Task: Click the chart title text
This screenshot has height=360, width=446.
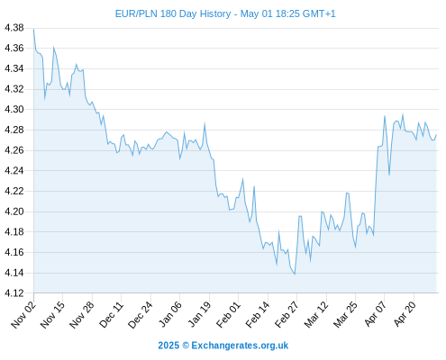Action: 225,13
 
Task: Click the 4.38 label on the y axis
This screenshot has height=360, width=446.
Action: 14,28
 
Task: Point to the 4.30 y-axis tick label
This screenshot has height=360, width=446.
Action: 14,109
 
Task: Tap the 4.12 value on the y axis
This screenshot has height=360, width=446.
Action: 14,293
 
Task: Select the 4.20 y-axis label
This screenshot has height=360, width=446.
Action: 14,211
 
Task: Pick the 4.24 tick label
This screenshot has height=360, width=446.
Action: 14,170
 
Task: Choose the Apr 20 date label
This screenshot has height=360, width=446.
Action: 405,314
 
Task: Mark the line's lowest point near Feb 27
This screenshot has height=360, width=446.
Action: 295,274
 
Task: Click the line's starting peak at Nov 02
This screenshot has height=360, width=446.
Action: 33,29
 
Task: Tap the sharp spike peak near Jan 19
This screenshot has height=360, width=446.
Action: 205,123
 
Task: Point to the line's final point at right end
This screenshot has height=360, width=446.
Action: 436,135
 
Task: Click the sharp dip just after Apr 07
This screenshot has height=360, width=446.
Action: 389,175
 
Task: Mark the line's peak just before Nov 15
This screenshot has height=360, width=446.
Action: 54,48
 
